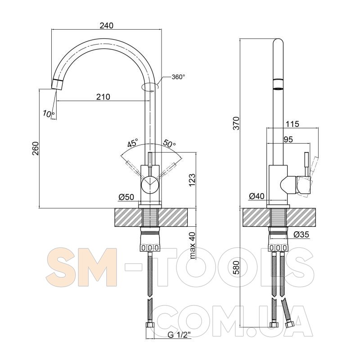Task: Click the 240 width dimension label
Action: [107, 25]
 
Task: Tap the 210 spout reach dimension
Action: [103, 97]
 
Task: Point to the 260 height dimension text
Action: [36, 148]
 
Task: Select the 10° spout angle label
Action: [49, 113]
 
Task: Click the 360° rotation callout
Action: [178, 77]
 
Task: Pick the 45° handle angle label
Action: [133, 143]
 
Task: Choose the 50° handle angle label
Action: [169, 143]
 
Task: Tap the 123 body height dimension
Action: [192, 180]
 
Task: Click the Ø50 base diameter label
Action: [126, 197]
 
